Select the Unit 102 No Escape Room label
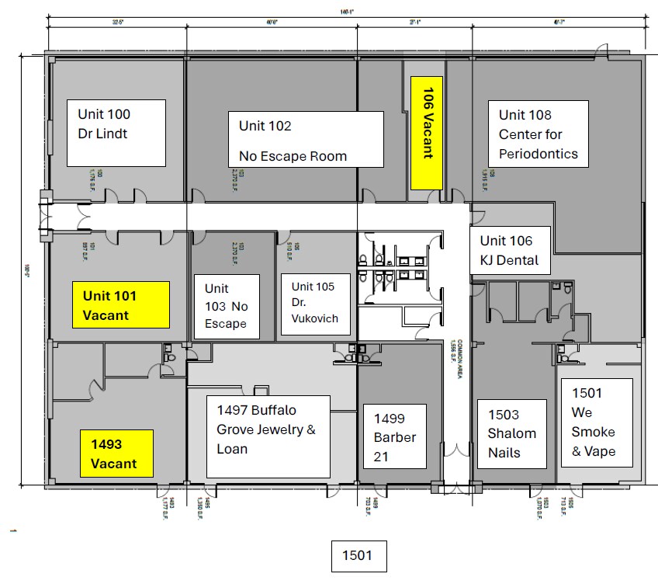point(305,139)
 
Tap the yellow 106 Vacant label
point(427,133)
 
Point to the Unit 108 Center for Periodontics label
point(538,134)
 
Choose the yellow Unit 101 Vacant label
point(120,304)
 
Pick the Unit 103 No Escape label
point(226,306)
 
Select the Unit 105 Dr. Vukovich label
point(313,304)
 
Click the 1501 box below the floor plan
point(358,556)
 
